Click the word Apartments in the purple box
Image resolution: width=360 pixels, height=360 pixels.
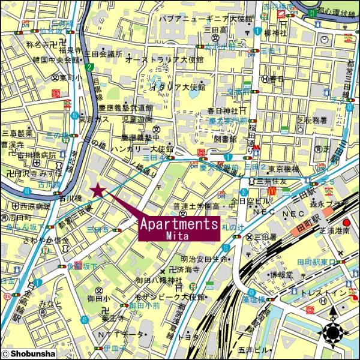(x=178, y=224)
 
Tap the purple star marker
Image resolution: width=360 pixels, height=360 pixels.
(x=97, y=191)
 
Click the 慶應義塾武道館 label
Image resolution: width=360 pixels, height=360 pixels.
(x=133, y=108)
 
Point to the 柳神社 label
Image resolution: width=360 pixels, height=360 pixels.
(x=276, y=33)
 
